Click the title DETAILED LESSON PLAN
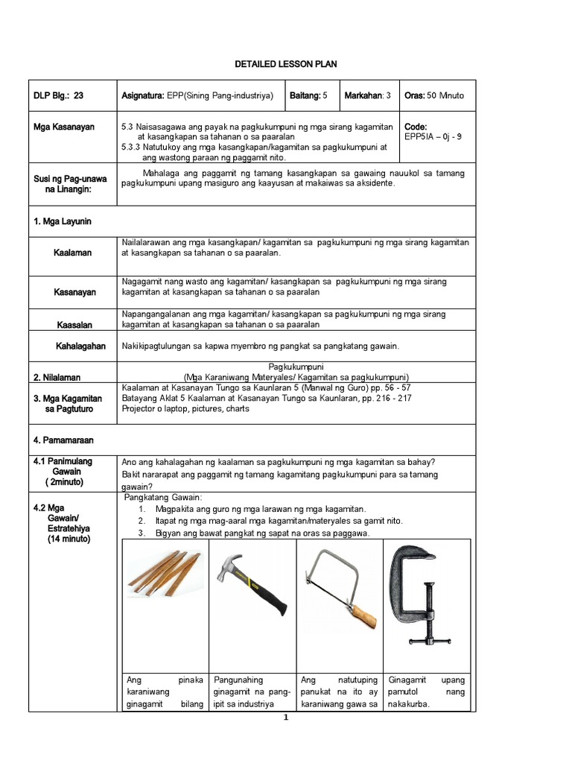pyautogui.click(x=286, y=65)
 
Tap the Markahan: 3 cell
pyautogui.click(x=368, y=95)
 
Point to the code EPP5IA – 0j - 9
pyautogui.click(x=433, y=137)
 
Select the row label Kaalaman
pyautogui.click(x=72, y=253)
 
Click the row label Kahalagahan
pyautogui.click(x=80, y=346)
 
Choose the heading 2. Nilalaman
pyautogui.click(x=57, y=377)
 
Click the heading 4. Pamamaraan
pyautogui.click(x=63, y=440)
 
